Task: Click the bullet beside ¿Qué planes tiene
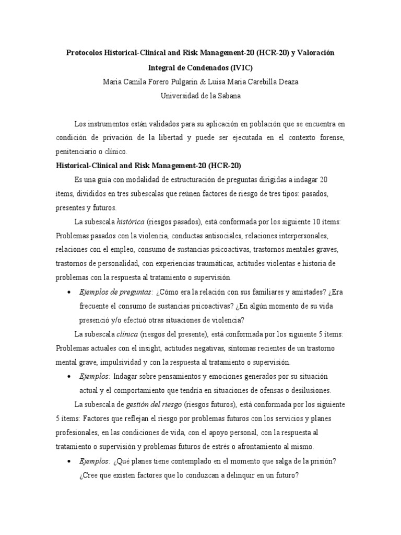(69, 461)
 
